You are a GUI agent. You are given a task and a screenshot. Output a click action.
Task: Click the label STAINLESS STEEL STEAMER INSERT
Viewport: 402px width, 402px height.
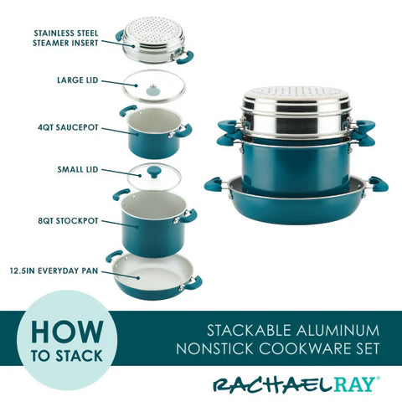[x=66, y=39]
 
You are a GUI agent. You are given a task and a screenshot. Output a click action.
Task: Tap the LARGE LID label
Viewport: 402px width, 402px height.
[x=80, y=80]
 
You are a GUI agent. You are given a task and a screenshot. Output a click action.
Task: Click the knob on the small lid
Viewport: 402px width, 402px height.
[x=152, y=171]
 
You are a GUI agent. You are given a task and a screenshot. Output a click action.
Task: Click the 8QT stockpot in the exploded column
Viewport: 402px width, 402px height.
[x=153, y=219]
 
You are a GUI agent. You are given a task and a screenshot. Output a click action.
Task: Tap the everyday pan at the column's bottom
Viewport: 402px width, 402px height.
[x=152, y=274]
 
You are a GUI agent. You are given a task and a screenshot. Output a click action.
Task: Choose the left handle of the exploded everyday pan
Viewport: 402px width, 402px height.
[x=113, y=257]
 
